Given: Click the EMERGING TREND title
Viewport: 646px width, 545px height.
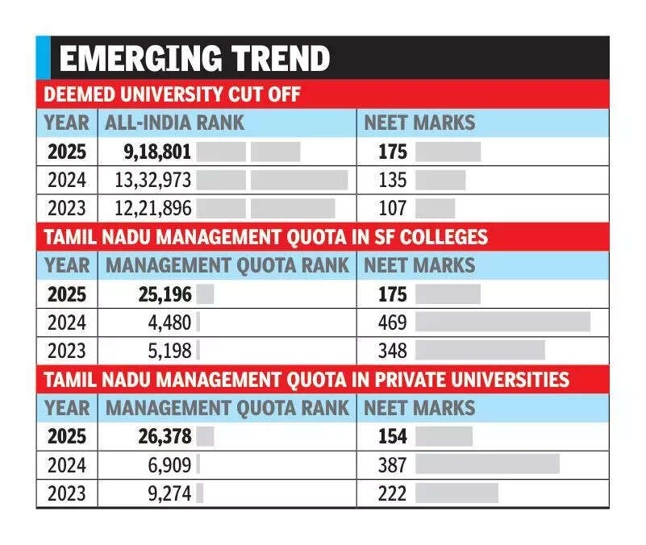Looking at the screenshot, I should coord(195,59).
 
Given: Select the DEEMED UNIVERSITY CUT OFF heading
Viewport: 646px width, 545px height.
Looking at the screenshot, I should coord(171,95).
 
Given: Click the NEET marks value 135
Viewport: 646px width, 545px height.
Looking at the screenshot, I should coord(393,180).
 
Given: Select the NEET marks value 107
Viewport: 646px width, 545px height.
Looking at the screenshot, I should coord(393,208).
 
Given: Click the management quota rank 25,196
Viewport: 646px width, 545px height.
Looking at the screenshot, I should coord(159,294).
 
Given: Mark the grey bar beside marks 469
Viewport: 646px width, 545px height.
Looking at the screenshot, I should coord(502,322).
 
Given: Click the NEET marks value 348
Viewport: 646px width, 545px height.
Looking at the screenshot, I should coord(393,351).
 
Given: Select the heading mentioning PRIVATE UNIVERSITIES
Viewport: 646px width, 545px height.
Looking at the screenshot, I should coord(306,379).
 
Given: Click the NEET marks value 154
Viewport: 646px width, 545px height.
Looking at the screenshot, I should coord(393,436).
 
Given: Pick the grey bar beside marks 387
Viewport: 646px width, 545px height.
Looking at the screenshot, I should coord(487,464).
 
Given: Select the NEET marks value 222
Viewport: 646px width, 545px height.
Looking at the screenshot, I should coord(393,493).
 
